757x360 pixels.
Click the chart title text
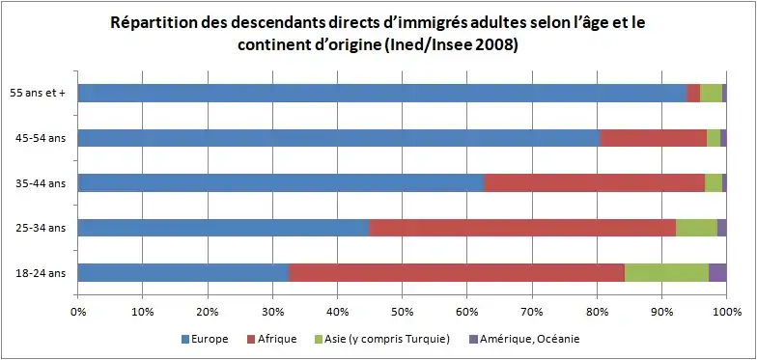click(378, 33)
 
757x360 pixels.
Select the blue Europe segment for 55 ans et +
click(381, 93)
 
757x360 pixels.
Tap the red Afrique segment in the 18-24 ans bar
click(457, 272)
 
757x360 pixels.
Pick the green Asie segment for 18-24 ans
click(666, 272)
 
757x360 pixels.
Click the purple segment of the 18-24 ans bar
click(716, 272)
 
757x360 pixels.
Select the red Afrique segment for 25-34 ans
click(522, 228)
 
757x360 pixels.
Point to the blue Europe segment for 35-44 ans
click(280, 182)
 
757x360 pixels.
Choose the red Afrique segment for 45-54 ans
click(653, 138)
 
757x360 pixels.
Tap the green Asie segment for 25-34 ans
click(696, 228)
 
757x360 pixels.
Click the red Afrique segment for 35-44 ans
click(594, 182)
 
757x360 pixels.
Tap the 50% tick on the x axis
click(402, 311)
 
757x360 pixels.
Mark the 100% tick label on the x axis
click(726, 311)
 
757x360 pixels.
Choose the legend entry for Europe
click(205, 339)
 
